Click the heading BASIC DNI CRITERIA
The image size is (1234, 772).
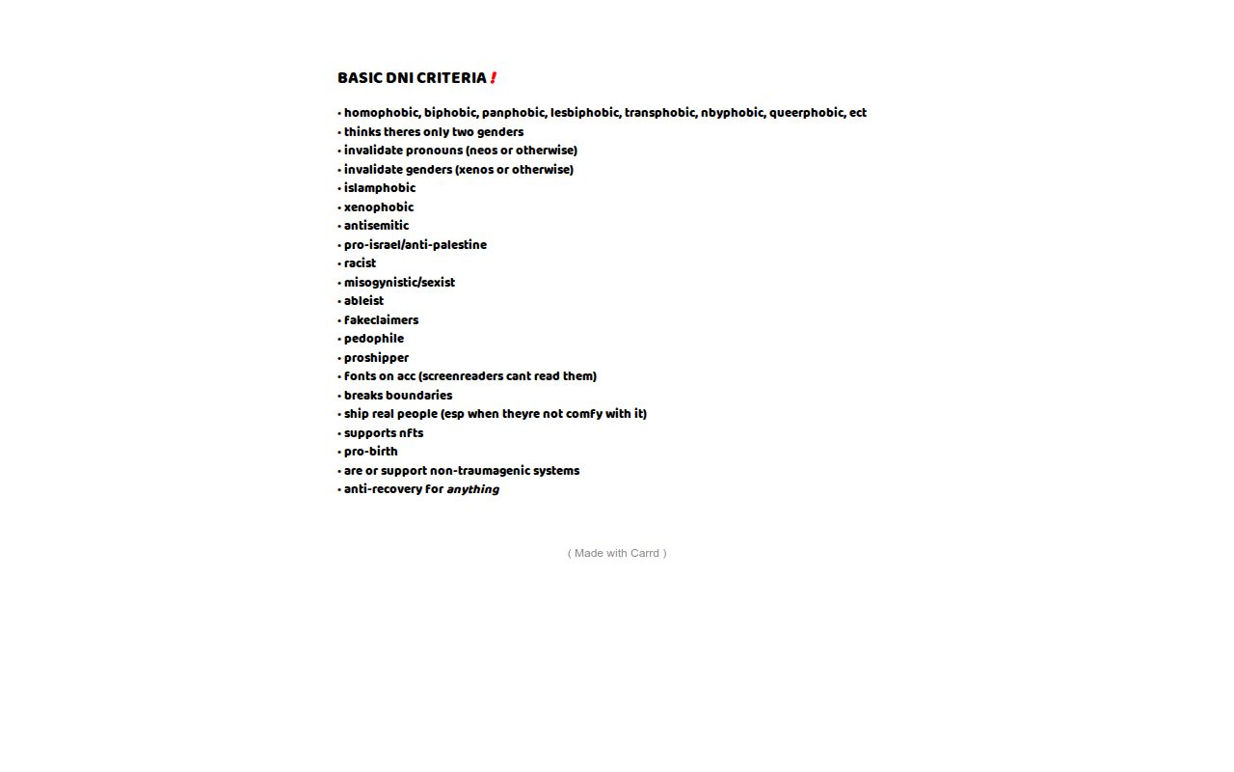point(412,78)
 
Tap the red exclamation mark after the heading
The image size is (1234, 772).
point(493,78)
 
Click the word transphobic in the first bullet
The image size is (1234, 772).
point(659,113)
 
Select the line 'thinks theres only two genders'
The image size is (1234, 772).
point(434,132)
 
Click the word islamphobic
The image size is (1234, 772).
point(380,188)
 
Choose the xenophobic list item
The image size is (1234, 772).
point(379,207)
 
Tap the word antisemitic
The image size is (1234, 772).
point(376,226)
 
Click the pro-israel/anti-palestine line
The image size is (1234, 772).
point(416,245)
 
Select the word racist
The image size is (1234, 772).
point(360,263)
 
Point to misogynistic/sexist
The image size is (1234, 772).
point(399,283)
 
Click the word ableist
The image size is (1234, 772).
point(363,301)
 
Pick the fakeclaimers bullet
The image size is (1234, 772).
point(381,320)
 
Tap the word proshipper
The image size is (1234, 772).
point(376,358)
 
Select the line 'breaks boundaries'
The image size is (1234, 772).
point(398,396)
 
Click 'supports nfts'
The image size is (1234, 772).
point(384,433)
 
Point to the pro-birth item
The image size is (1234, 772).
point(370,452)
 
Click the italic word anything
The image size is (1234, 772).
point(472,489)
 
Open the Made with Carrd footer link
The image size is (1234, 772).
point(617,553)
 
